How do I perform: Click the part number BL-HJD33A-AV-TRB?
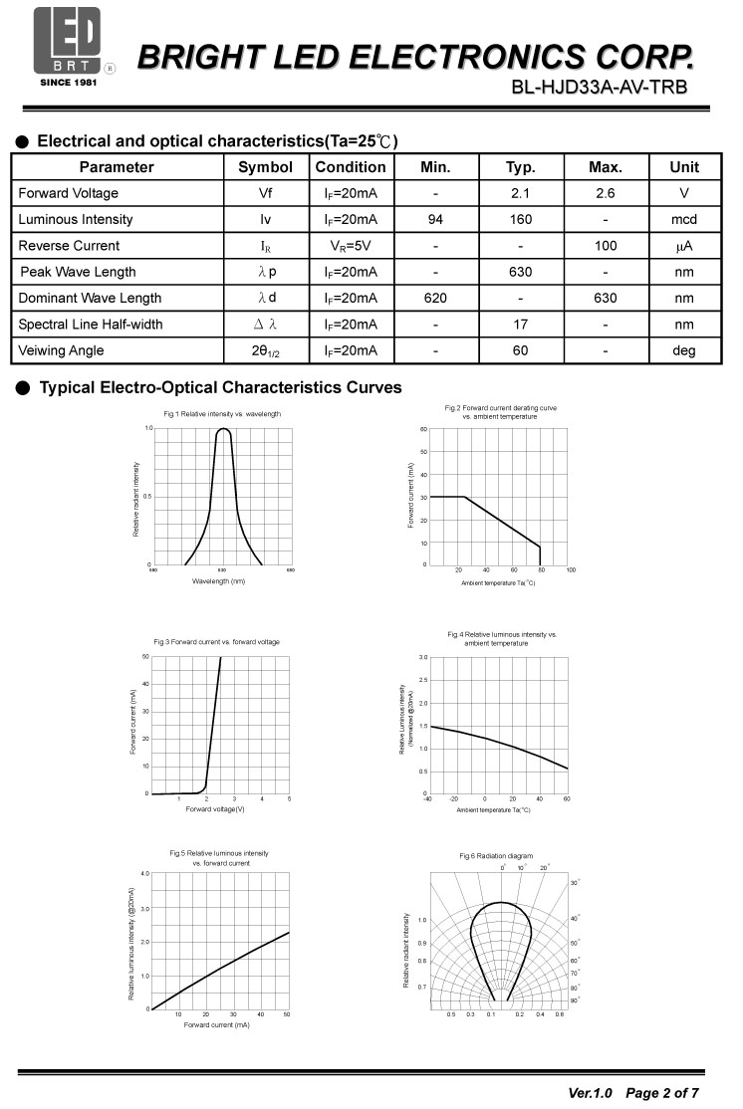(598, 88)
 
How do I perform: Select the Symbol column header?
(266, 167)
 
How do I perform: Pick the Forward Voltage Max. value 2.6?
(605, 193)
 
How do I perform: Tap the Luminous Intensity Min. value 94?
(435, 219)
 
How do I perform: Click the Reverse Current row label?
(69, 246)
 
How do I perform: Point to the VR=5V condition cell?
(350, 246)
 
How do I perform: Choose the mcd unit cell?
(683, 219)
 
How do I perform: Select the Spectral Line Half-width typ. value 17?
(520, 324)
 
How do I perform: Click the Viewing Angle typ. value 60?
(520, 350)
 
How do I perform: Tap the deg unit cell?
(683, 350)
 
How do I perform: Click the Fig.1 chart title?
(222, 413)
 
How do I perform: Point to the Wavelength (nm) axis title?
(218, 580)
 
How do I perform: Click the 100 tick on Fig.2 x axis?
(571, 570)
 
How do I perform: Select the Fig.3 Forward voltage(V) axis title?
(215, 808)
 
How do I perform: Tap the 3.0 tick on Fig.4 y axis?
(422, 658)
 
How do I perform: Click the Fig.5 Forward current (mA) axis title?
(216, 1024)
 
